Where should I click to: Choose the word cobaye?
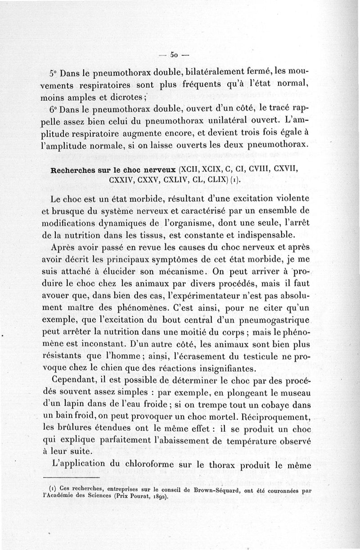coord(277,393)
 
